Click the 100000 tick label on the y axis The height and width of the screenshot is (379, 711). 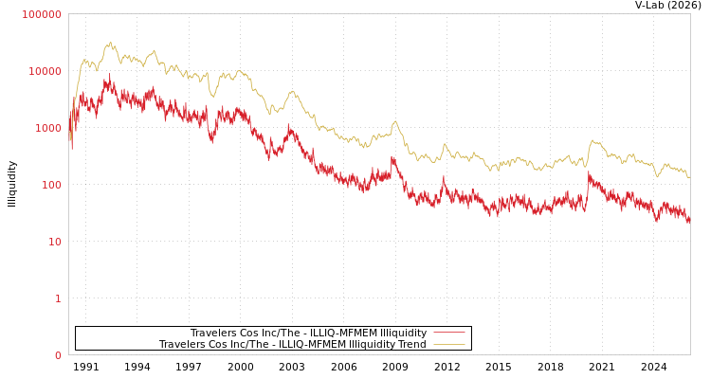point(42,14)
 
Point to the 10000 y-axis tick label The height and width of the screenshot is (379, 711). point(45,71)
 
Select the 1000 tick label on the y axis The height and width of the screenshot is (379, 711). point(47,128)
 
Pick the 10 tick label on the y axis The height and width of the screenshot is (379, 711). point(54,242)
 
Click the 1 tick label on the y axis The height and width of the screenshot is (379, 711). point(57,298)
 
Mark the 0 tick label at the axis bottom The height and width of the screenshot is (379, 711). point(57,355)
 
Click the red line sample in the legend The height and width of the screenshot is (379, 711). point(448,333)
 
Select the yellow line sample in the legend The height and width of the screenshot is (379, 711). point(448,345)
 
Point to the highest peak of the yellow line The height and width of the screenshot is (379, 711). point(111,42)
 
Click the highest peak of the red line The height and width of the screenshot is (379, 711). point(109,75)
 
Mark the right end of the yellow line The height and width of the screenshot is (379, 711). point(689,177)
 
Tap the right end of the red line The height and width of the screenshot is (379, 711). point(689,220)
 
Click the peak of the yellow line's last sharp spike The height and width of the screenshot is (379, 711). point(593,140)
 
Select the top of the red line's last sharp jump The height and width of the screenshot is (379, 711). point(588,172)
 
